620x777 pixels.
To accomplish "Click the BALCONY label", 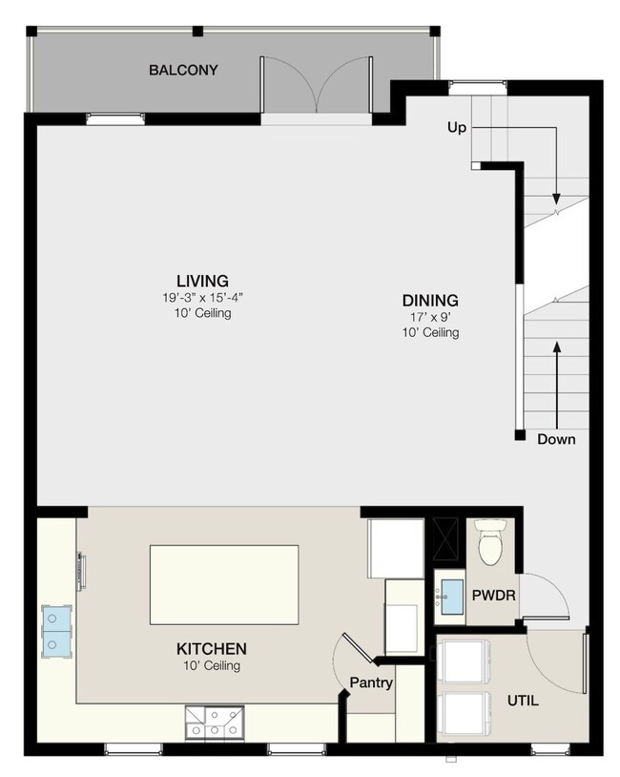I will [183, 70].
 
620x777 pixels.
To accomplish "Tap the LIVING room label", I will [196, 281].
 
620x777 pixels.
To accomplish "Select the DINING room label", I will [430, 300].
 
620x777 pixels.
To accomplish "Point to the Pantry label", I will [371, 682].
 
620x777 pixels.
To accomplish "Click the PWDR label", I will [493, 595].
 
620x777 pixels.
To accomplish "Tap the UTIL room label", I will [522, 701].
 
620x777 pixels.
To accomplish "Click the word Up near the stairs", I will [457, 127].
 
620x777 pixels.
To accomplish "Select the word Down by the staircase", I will [555, 440].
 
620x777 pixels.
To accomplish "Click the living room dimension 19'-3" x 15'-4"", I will [196, 298].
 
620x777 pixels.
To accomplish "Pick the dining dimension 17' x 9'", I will [430, 317].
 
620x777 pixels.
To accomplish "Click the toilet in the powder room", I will [491, 541].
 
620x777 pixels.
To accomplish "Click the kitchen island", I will [223, 585].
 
